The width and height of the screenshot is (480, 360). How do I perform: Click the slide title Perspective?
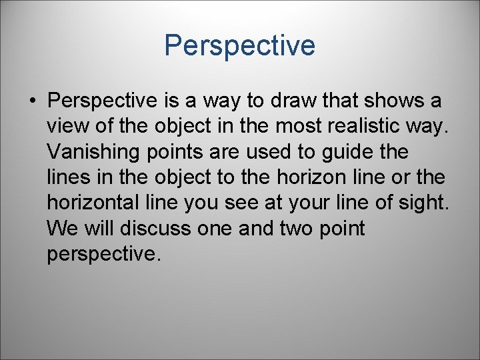pyautogui.click(x=239, y=46)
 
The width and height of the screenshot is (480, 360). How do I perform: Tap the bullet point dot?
pyautogui.click(x=32, y=101)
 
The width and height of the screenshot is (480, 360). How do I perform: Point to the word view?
pyautogui.click(x=69, y=127)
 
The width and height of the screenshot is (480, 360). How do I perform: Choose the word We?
pyautogui.click(x=63, y=229)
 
